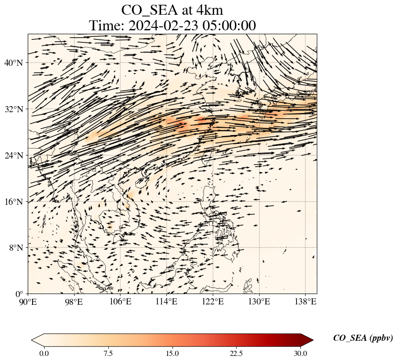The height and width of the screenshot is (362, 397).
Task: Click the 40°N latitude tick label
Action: point(13,63)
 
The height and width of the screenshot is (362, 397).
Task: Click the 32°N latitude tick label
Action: point(13,109)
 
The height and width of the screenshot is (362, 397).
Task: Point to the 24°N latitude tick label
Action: point(13,155)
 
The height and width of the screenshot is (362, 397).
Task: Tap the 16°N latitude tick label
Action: point(13,202)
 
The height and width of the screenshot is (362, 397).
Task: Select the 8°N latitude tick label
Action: point(15,248)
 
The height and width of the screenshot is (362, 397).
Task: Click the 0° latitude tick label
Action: point(19,294)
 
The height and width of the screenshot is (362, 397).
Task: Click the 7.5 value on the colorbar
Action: point(108,353)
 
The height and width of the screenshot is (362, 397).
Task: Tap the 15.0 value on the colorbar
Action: point(172,353)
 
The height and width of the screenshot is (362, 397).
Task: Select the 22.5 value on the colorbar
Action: point(236,353)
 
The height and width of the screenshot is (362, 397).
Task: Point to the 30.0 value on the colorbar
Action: point(300,353)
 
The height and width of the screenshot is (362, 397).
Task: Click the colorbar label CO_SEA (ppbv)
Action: point(363,339)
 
